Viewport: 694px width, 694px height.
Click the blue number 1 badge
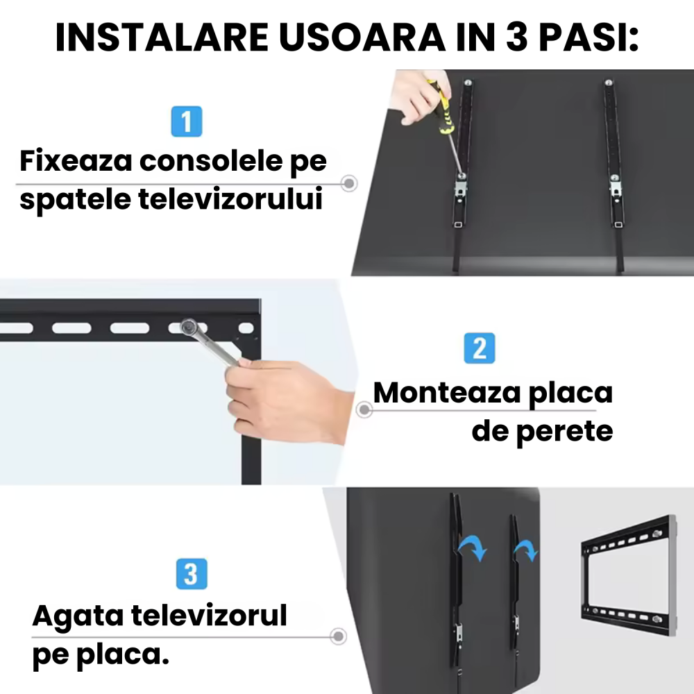(x=186, y=122)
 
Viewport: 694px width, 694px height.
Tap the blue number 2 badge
(x=480, y=348)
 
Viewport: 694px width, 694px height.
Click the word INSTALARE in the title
(x=152, y=39)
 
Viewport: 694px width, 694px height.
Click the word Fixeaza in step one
(x=76, y=162)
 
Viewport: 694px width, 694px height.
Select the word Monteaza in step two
(x=444, y=393)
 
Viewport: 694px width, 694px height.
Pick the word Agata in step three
(x=77, y=616)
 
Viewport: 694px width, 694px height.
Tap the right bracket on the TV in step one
(x=613, y=160)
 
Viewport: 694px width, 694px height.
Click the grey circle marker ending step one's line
(x=350, y=184)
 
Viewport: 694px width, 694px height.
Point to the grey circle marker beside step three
(x=338, y=636)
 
